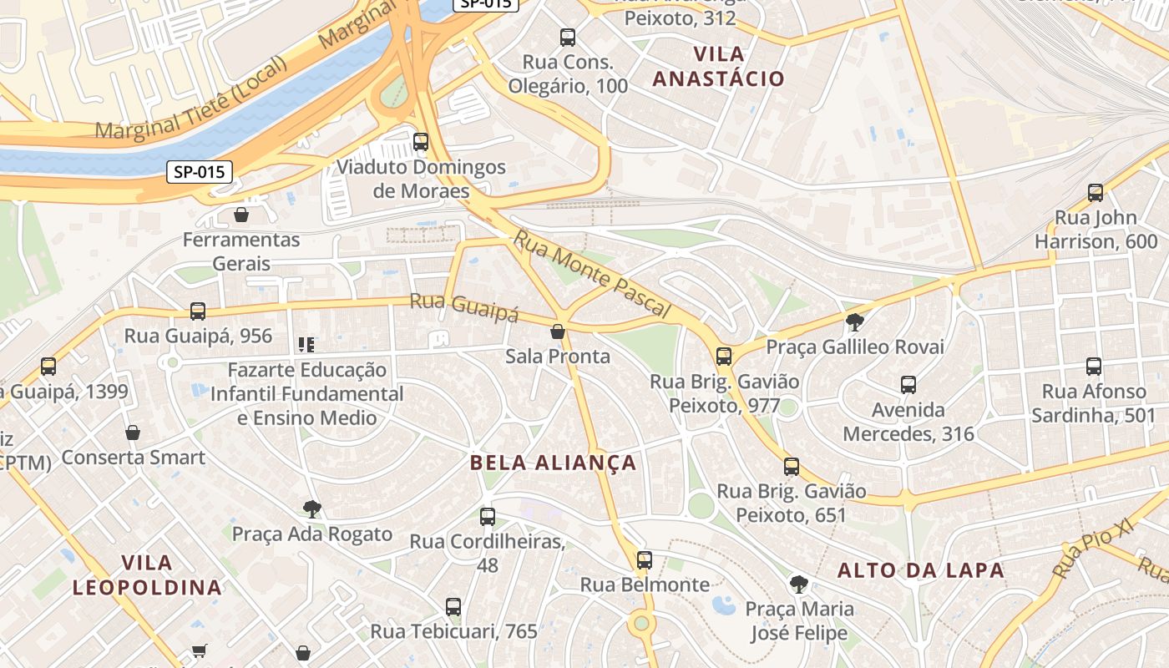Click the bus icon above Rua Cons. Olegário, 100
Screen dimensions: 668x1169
(x=568, y=38)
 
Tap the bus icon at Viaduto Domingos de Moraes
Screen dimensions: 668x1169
(x=421, y=142)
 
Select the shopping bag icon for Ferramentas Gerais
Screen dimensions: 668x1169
(x=241, y=215)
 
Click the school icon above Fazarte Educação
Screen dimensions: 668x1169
(x=306, y=344)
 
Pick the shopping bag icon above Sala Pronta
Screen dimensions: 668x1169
(x=558, y=332)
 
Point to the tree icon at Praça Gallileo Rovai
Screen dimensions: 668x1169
(x=854, y=321)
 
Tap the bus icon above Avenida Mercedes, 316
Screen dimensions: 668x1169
(x=908, y=385)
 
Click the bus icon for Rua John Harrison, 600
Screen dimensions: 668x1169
(x=1096, y=193)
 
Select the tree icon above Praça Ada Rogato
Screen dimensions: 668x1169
(x=312, y=509)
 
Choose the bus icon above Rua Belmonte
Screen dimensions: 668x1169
(x=645, y=560)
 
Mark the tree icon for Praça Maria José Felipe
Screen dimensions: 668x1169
(x=799, y=584)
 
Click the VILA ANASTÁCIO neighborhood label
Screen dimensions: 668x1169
(x=718, y=67)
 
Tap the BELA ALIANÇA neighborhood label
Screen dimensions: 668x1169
(x=553, y=463)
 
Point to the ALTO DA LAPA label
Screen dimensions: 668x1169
(x=920, y=570)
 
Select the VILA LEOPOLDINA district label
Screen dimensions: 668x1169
(x=147, y=574)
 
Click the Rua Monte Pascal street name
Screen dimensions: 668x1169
(x=592, y=274)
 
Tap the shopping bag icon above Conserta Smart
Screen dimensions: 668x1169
(x=133, y=433)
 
